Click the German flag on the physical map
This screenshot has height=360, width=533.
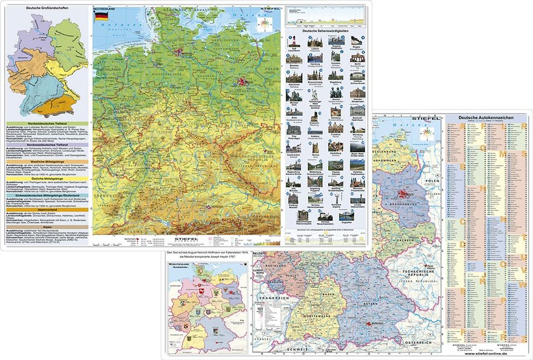[101, 17]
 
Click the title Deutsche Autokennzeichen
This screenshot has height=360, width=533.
[485, 118]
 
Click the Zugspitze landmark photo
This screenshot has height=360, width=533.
[347, 215]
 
